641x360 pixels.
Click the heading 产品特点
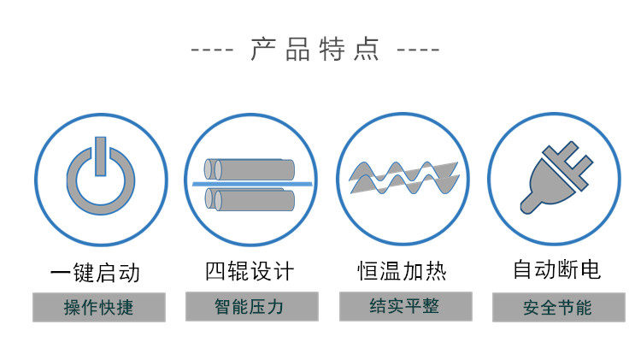click(315, 48)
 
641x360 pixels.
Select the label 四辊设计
click(250, 272)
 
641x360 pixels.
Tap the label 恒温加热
click(402, 272)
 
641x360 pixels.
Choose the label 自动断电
click(556, 270)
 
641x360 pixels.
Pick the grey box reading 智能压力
click(251, 306)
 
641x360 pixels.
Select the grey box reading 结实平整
click(404, 305)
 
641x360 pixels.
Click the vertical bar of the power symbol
click(100, 155)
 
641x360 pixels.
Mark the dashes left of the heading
click(211, 50)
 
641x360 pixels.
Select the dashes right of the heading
click(419, 50)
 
